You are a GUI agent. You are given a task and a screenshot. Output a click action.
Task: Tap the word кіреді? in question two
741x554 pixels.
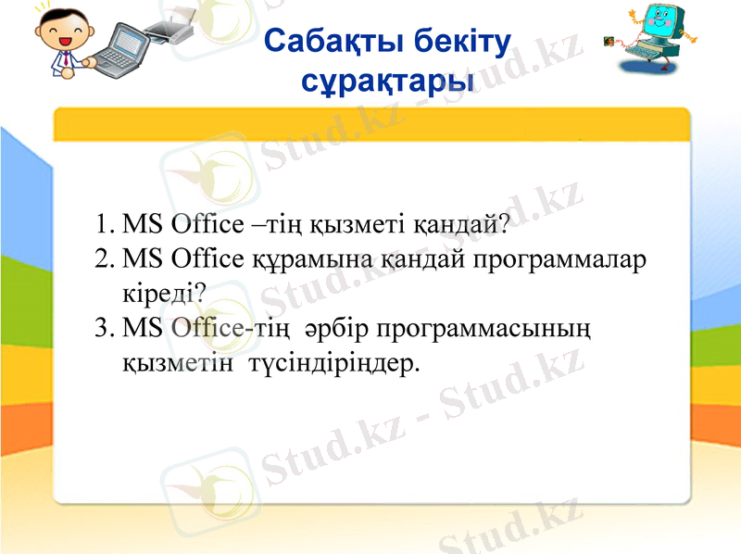[164, 294]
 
